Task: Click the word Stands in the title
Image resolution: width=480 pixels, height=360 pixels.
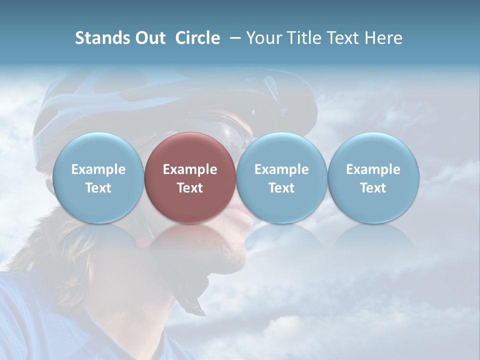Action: click(x=100, y=38)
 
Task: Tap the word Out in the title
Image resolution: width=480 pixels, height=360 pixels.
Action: click(x=148, y=38)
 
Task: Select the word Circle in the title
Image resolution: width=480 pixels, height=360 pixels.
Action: click(x=197, y=38)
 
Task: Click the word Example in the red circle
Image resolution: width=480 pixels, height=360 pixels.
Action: click(x=190, y=169)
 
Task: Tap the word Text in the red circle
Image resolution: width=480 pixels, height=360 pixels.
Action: click(x=190, y=188)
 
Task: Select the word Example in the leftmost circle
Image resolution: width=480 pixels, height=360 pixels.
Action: click(x=98, y=169)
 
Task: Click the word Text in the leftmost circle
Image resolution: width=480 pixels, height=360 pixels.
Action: click(x=98, y=188)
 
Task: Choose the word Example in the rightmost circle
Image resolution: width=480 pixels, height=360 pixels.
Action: click(x=373, y=169)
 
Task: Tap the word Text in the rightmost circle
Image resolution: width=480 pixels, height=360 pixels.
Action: click(x=373, y=188)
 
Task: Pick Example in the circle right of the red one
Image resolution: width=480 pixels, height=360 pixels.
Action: click(x=281, y=169)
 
